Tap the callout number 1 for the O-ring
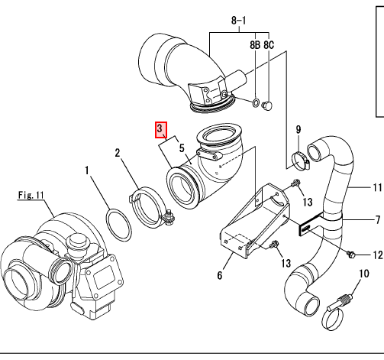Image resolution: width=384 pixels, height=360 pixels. [x=87, y=170]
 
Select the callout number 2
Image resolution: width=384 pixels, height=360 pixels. [x=118, y=153]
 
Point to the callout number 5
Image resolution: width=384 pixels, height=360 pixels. [x=182, y=148]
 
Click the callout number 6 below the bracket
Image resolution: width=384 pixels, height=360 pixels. [x=220, y=275]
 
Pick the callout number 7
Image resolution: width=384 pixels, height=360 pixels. [x=378, y=219]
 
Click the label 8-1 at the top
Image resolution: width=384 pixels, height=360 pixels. [x=239, y=21]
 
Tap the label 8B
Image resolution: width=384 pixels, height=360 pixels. [x=255, y=45]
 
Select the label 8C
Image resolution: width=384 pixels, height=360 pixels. [x=269, y=45]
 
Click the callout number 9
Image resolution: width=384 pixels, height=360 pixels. [x=298, y=129]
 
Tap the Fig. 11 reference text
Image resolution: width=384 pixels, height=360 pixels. [x=31, y=195]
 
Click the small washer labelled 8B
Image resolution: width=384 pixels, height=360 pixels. [x=256, y=103]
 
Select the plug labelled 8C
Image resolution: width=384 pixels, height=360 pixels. [x=267, y=105]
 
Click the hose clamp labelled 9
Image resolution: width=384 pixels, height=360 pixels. [x=301, y=161]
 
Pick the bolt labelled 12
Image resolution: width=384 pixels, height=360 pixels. [x=350, y=255]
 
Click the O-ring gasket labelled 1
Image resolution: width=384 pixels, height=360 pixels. [x=119, y=225]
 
